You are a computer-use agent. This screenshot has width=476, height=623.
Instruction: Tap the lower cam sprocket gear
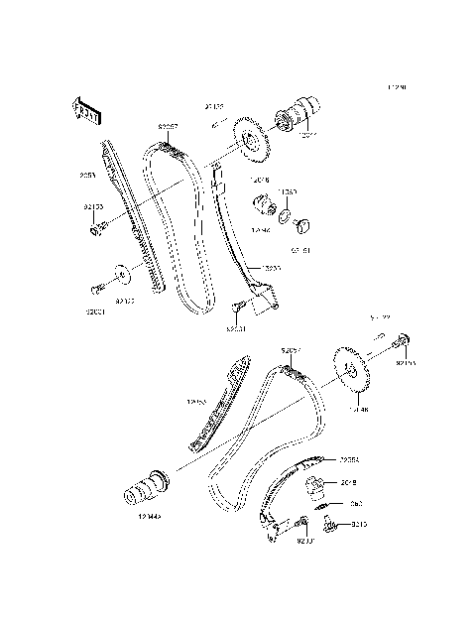(351, 374)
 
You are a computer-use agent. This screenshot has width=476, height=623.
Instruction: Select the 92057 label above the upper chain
(169, 127)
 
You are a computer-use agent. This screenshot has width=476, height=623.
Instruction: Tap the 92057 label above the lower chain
(291, 350)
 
